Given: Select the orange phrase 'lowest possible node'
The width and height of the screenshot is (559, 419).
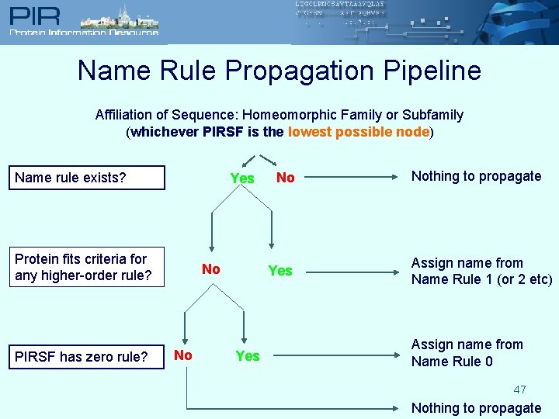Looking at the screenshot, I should tap(359, 132).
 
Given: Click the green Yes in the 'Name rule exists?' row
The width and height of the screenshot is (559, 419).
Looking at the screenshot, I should tap(242, 178).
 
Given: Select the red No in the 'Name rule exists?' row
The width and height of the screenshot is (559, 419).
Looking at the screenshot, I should tap(286, 178).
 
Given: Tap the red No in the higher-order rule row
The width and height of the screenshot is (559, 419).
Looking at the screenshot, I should tap(211, 269).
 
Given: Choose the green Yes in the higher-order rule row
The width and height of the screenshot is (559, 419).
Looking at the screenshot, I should tap(280, 271).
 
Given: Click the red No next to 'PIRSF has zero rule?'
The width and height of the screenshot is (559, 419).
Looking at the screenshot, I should tap(183, 355).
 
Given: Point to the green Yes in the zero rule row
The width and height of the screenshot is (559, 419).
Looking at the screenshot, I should tap(247, 356).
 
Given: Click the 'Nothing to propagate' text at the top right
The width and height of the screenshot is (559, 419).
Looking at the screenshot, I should tap(476, 176).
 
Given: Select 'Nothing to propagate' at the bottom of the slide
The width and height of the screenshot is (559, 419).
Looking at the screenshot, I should tap(476, 408).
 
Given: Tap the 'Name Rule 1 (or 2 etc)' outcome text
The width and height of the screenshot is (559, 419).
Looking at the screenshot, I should tap(481, 272).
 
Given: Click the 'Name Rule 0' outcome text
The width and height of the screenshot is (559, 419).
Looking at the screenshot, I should tap(467, 353).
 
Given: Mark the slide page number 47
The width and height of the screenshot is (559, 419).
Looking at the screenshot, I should tap(519, 390).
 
